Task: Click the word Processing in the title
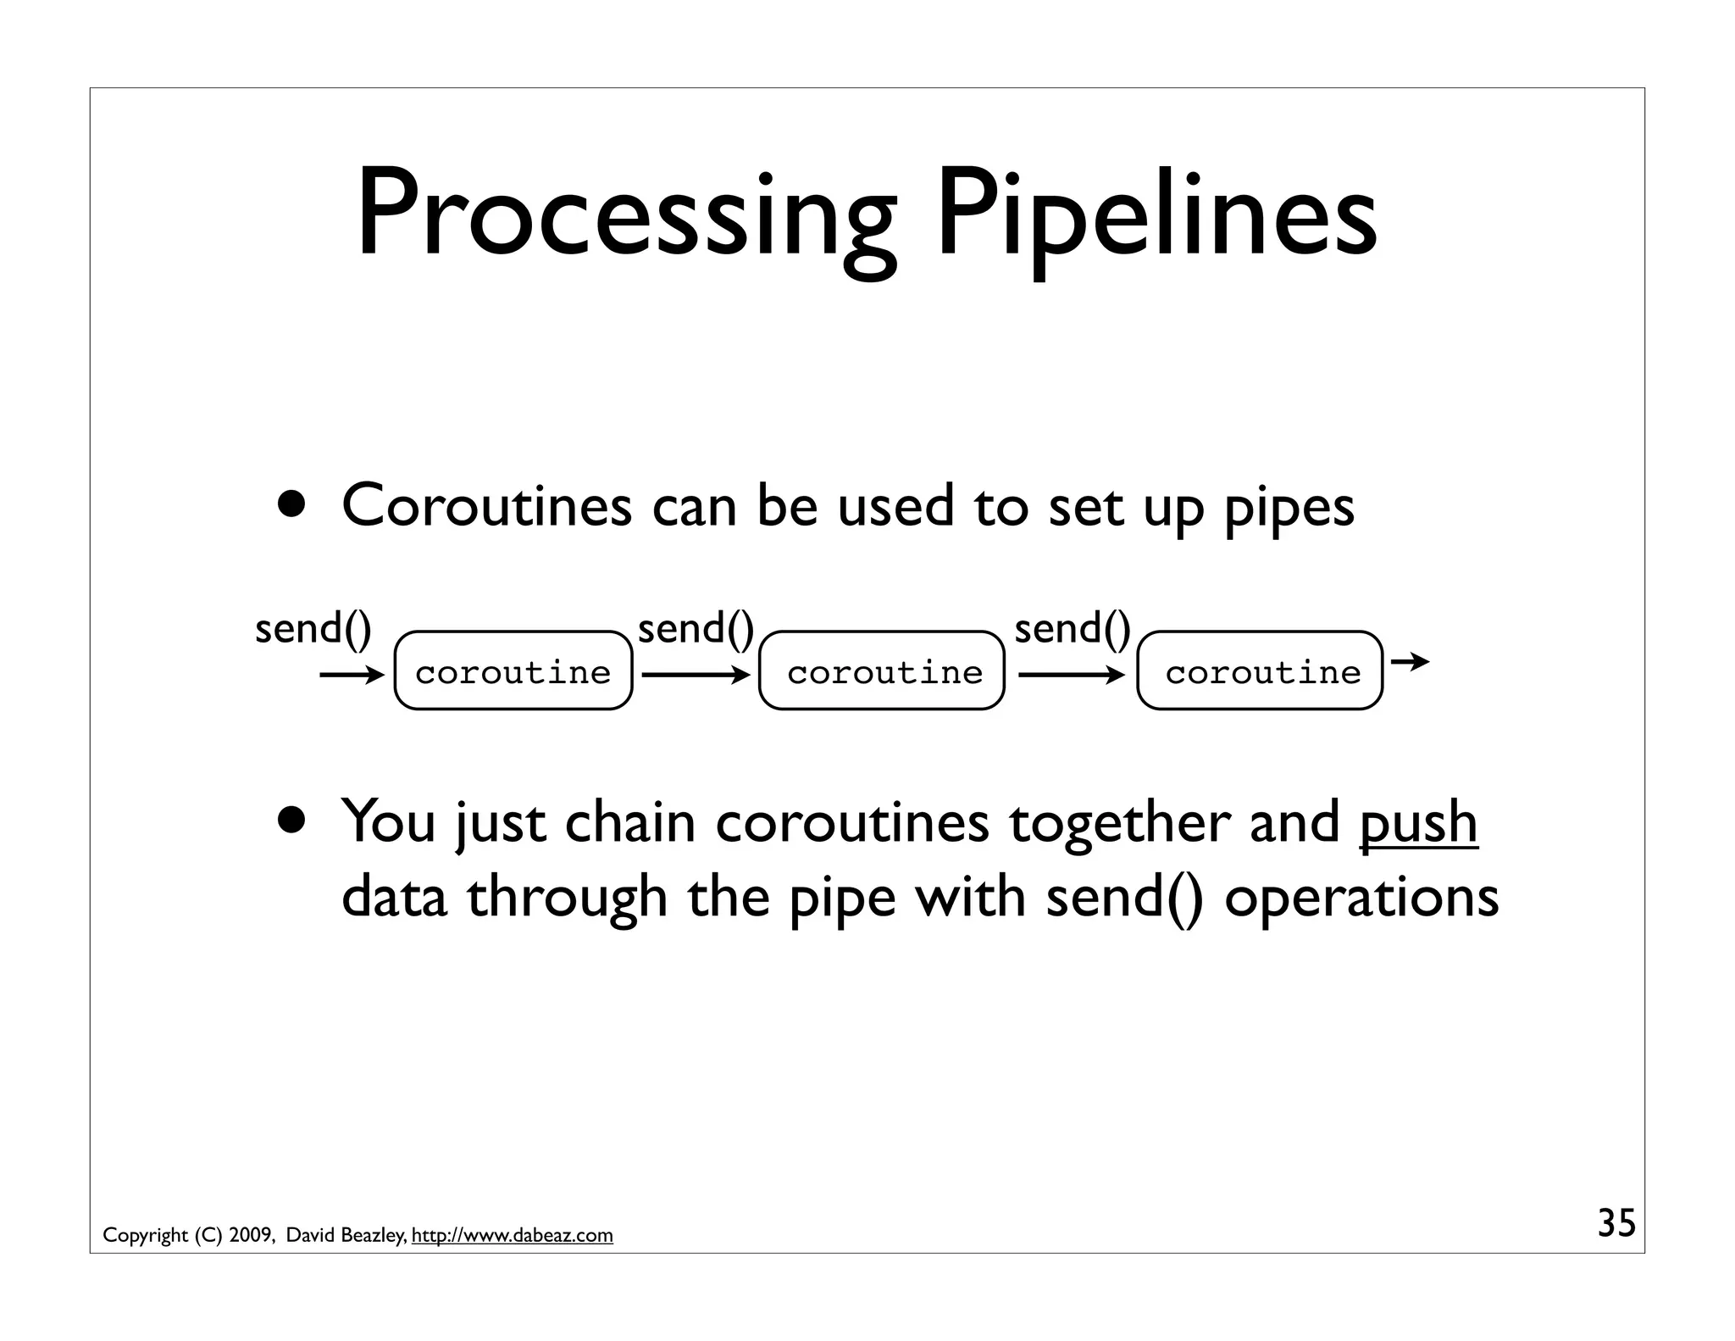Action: [x=625, y=216]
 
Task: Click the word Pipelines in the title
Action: [x=1156, y=216]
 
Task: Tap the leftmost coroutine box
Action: [x=513, y=670]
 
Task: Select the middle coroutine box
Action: [x=882, y=670]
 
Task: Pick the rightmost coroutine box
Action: [x=1260, y=670]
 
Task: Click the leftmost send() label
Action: [x=313, y=629]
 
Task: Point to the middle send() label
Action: [x=696, y=629]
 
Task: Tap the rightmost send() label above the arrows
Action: [x=1072, y=629]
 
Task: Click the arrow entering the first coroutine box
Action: [x=352, y=676]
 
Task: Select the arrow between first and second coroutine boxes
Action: [x=696, y=676]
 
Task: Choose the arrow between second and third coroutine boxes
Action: [x=1071, y=676]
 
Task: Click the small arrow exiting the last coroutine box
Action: [x=1410, y=661]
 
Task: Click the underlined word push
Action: [x=1418, y=822]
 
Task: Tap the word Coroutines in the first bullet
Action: [x=486, y=506]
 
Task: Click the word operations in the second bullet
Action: [x=1361, y=897]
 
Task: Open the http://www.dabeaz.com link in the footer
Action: [x=512, y=1235]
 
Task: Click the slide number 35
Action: [x=1616, y=1223]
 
